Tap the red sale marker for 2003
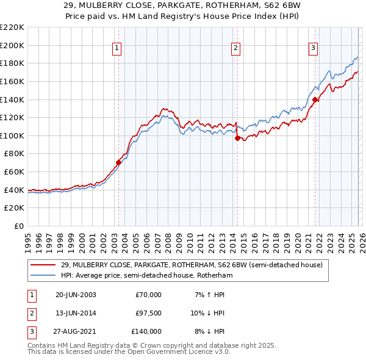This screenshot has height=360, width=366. tap(119, 162)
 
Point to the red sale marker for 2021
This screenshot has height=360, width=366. tap(315, 99)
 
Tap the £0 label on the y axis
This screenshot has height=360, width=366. tap(19, 226)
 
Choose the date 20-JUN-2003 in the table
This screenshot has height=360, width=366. tap(76, 295)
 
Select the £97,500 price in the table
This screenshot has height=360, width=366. tap(149, 313)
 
